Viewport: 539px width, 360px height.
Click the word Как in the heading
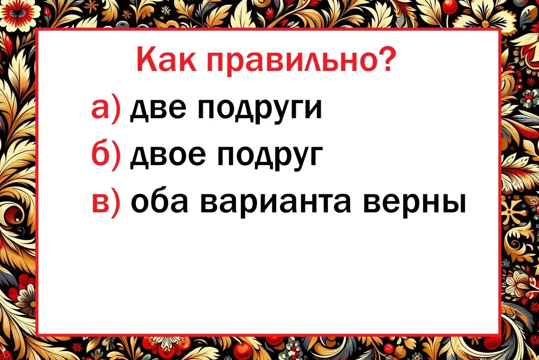tap(166, 59)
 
